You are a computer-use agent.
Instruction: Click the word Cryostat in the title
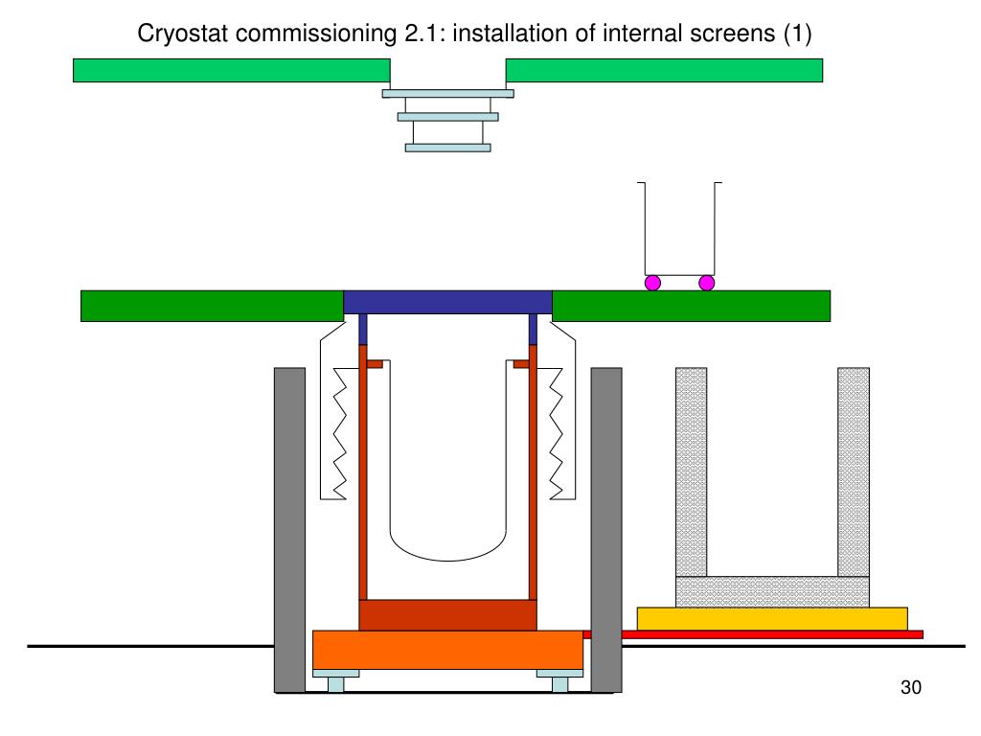click(178, 34)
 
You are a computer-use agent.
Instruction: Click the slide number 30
click(910, 687)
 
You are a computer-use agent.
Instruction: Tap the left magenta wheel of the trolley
click(652, 283)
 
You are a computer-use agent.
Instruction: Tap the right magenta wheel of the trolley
click(707, 283)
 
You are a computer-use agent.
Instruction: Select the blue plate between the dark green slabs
click(447, 302)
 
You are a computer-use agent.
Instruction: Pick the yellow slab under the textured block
click(772, 618)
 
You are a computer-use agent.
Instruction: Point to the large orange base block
click(448, 650)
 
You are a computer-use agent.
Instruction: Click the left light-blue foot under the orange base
click(336, 681)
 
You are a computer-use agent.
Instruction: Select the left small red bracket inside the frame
click(375, 364)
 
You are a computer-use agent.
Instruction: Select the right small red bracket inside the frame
click(521, 364)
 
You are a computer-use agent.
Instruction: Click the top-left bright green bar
click(231, 70)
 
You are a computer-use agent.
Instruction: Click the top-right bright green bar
click(664, 70)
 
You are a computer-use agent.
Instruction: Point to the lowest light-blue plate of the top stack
click(447, 148)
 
